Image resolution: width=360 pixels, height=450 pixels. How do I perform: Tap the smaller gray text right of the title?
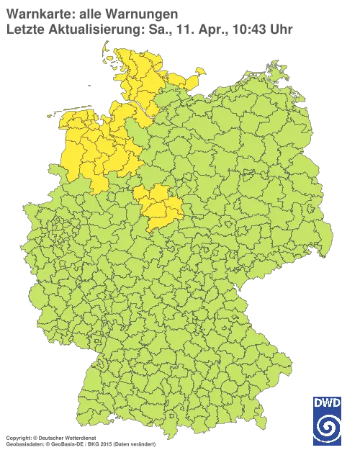click(x=238, y=30)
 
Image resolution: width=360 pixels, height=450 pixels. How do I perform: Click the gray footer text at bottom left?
click(x=79, y=438)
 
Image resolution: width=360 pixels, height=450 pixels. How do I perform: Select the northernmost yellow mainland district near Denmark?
click(x=126, y=54)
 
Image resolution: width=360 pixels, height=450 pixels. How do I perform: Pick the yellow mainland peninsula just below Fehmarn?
click(x=189, y=81)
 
